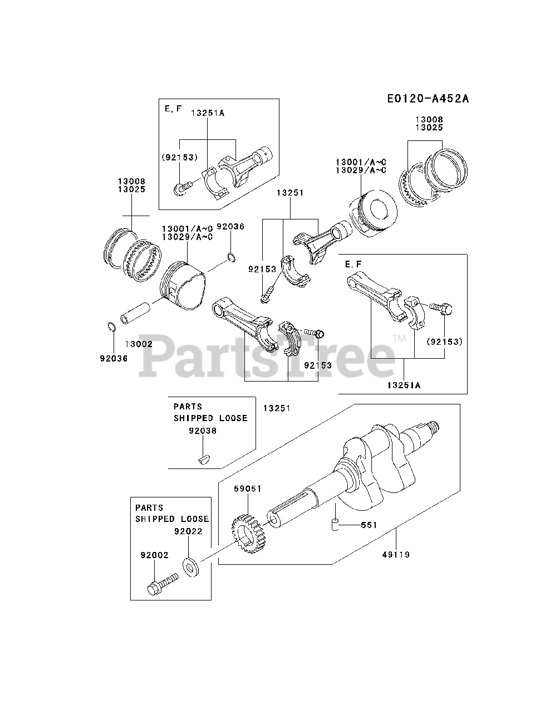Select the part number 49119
coord(396,554)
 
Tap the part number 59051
coord(247,489)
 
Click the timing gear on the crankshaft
coord(249,531)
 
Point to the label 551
coord(369,525)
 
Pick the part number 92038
coord(203,431)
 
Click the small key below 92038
coord(203,459)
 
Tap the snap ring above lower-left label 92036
coord(111,327)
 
